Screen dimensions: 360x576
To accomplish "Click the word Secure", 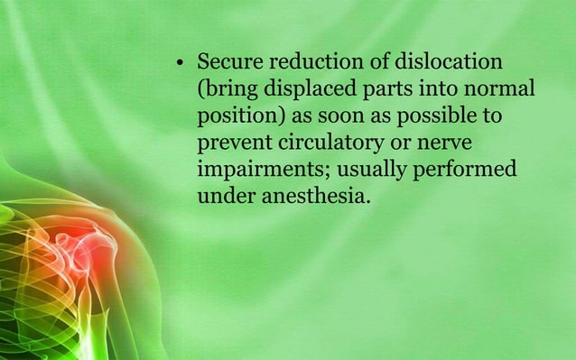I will [x=229, y=64].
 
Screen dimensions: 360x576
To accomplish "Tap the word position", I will [x=233, y=118].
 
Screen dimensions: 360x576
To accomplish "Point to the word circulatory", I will [x=335, y=144].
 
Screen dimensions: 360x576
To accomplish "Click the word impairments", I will [x=256, y=171].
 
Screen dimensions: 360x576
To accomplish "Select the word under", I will [x=225, y=197].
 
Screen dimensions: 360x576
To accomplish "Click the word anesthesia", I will [x=315, y=197].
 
